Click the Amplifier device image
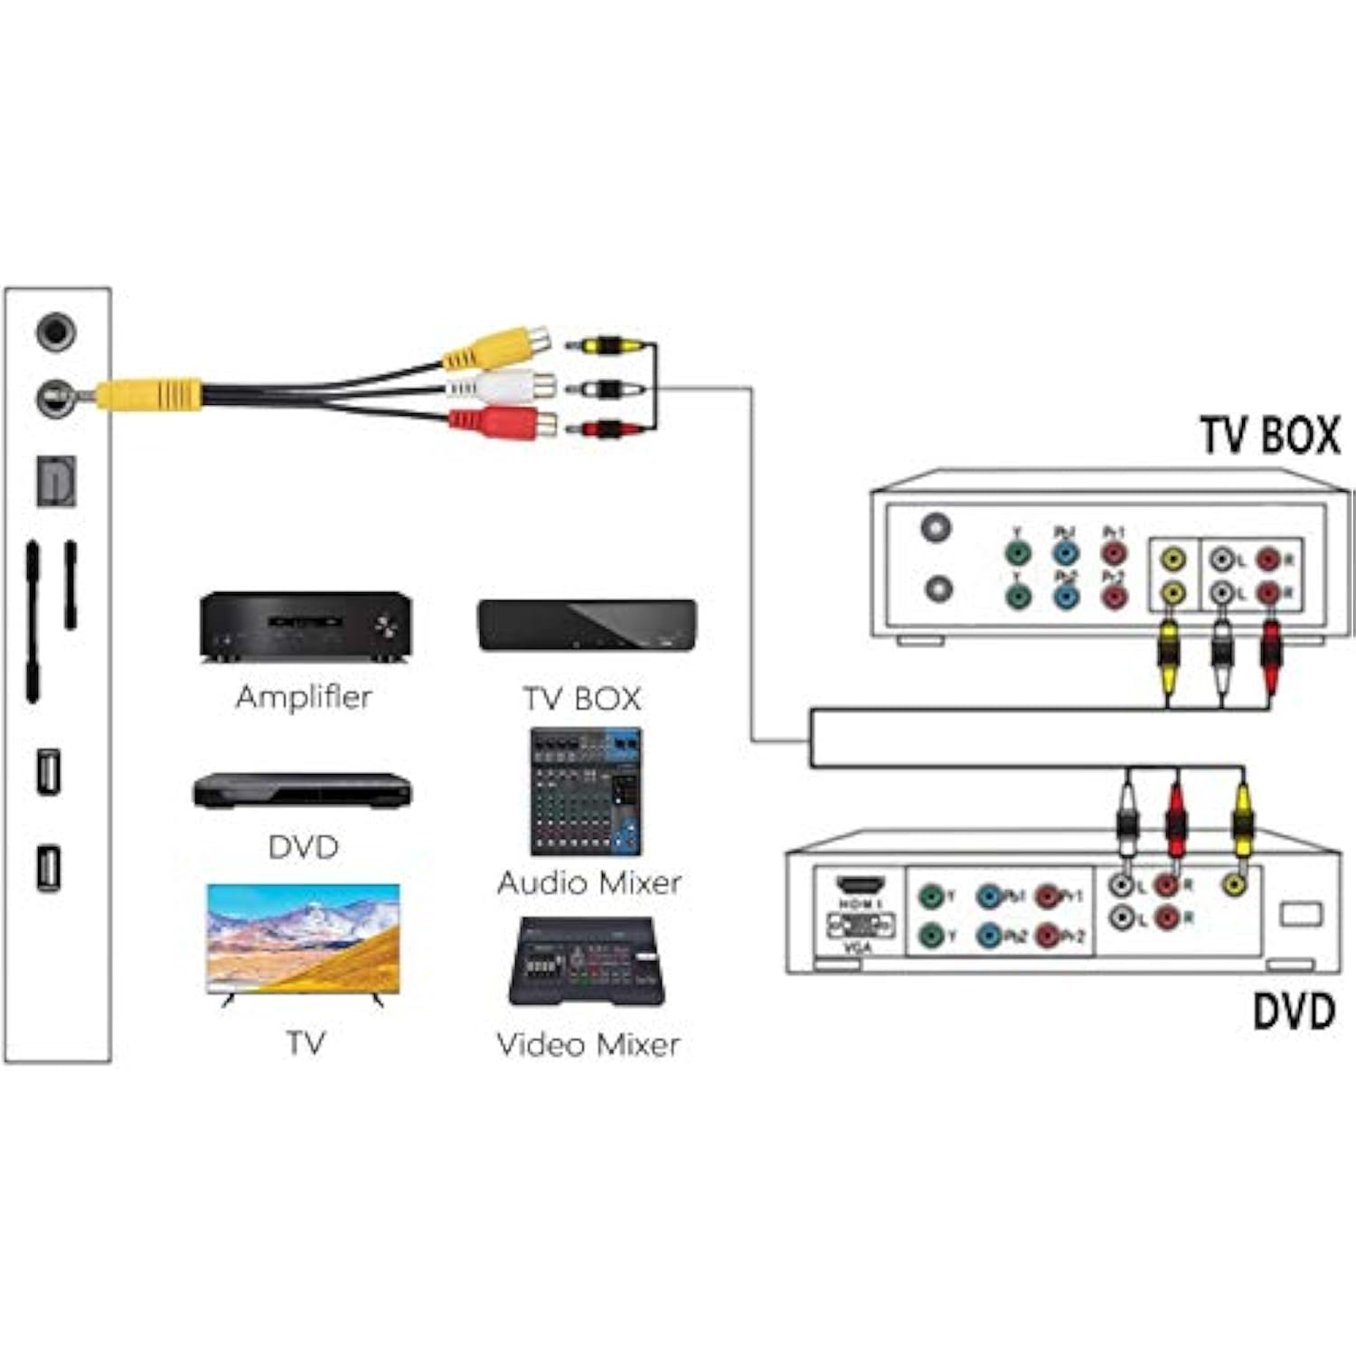pyautogui.click(x=306, y=626)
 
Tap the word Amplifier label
pyautogui.click(x=304, y=697)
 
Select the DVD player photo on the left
pyautogui.click(x=302, y=790)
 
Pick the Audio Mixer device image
pyautogui.click(x=586, y=792)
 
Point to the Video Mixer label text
pyautogui.click(x=588, y=1045)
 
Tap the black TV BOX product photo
pyautogui.click(x=587, y=626)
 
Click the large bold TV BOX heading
pyautogui.click(x=1269, y=436)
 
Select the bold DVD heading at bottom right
pyautogui.click(x=1294, y=1011)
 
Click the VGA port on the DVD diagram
pyautogui.click(x=860, y=925)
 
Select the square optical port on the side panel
pyautogui.click(x=56, y=481)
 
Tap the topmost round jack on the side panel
pyautogui.click(x=55, y=332)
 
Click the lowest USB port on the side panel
pyautogui.click(x=49, y=868)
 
